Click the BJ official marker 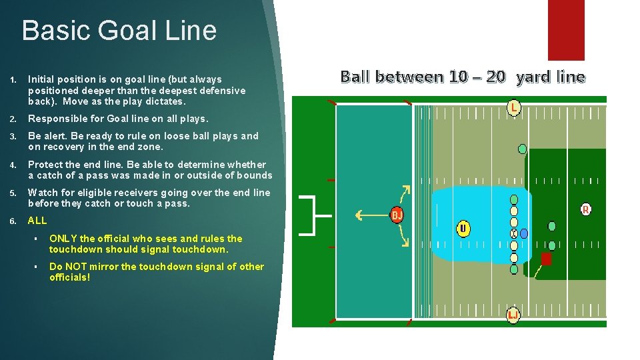pos(397,215)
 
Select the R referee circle pos(585,209)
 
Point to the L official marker pos(513,107)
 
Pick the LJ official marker pos(513,314)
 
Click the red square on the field pos(546,259)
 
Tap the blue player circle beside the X pos(524,234)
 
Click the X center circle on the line pos(514,234)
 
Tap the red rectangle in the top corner pos(565,30)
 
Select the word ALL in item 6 pos(37,221)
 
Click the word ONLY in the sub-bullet pos(63,239)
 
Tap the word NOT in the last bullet pos(75,267)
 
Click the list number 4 pos(14,165)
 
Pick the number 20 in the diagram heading pos(495,77)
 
